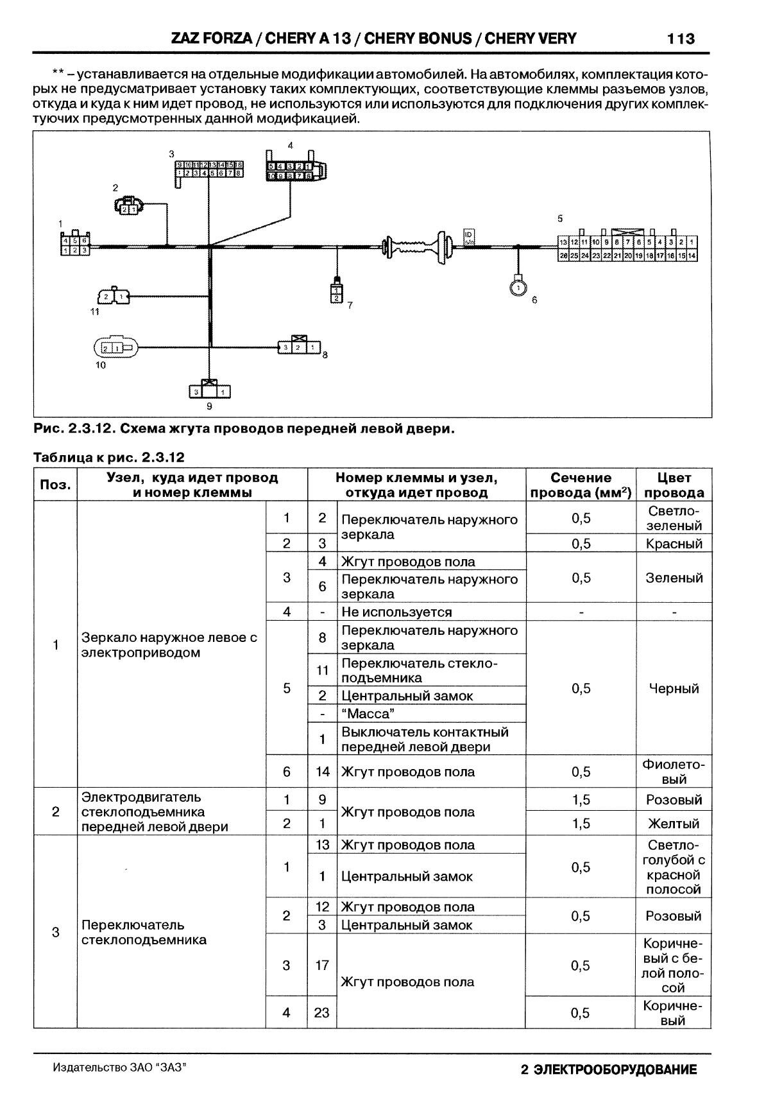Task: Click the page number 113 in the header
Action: click(681, 39)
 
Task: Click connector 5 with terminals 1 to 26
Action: click(627, 248)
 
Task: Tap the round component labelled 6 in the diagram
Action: click(518, 287)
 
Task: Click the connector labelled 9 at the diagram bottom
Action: click(209, 390)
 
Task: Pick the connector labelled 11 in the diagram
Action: click(114, 297)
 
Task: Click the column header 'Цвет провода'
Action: click(674, 485)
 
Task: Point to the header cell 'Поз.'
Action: click(55, 485)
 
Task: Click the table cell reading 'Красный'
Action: click(674, 544)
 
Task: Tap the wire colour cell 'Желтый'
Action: click(674, 824)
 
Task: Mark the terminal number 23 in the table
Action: click(321, 1013)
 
